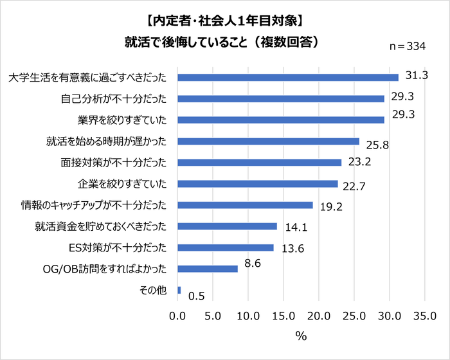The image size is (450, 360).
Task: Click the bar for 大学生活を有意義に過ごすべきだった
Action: (x=287, y=78)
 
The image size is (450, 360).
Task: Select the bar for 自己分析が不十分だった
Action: (x=280, y=99)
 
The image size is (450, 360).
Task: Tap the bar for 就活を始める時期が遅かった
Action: (x=268, y=141)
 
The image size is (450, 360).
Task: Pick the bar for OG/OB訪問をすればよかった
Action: (x=207, y=269)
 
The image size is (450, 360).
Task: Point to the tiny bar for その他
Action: (x=179, y=290)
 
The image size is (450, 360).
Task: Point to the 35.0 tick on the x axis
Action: (x=425, y=316)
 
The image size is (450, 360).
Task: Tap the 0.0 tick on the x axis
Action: (x=177, y=316)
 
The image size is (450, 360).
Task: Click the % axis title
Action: (x=300, y=336)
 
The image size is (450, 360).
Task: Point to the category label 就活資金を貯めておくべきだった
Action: (x=101, y=226)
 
